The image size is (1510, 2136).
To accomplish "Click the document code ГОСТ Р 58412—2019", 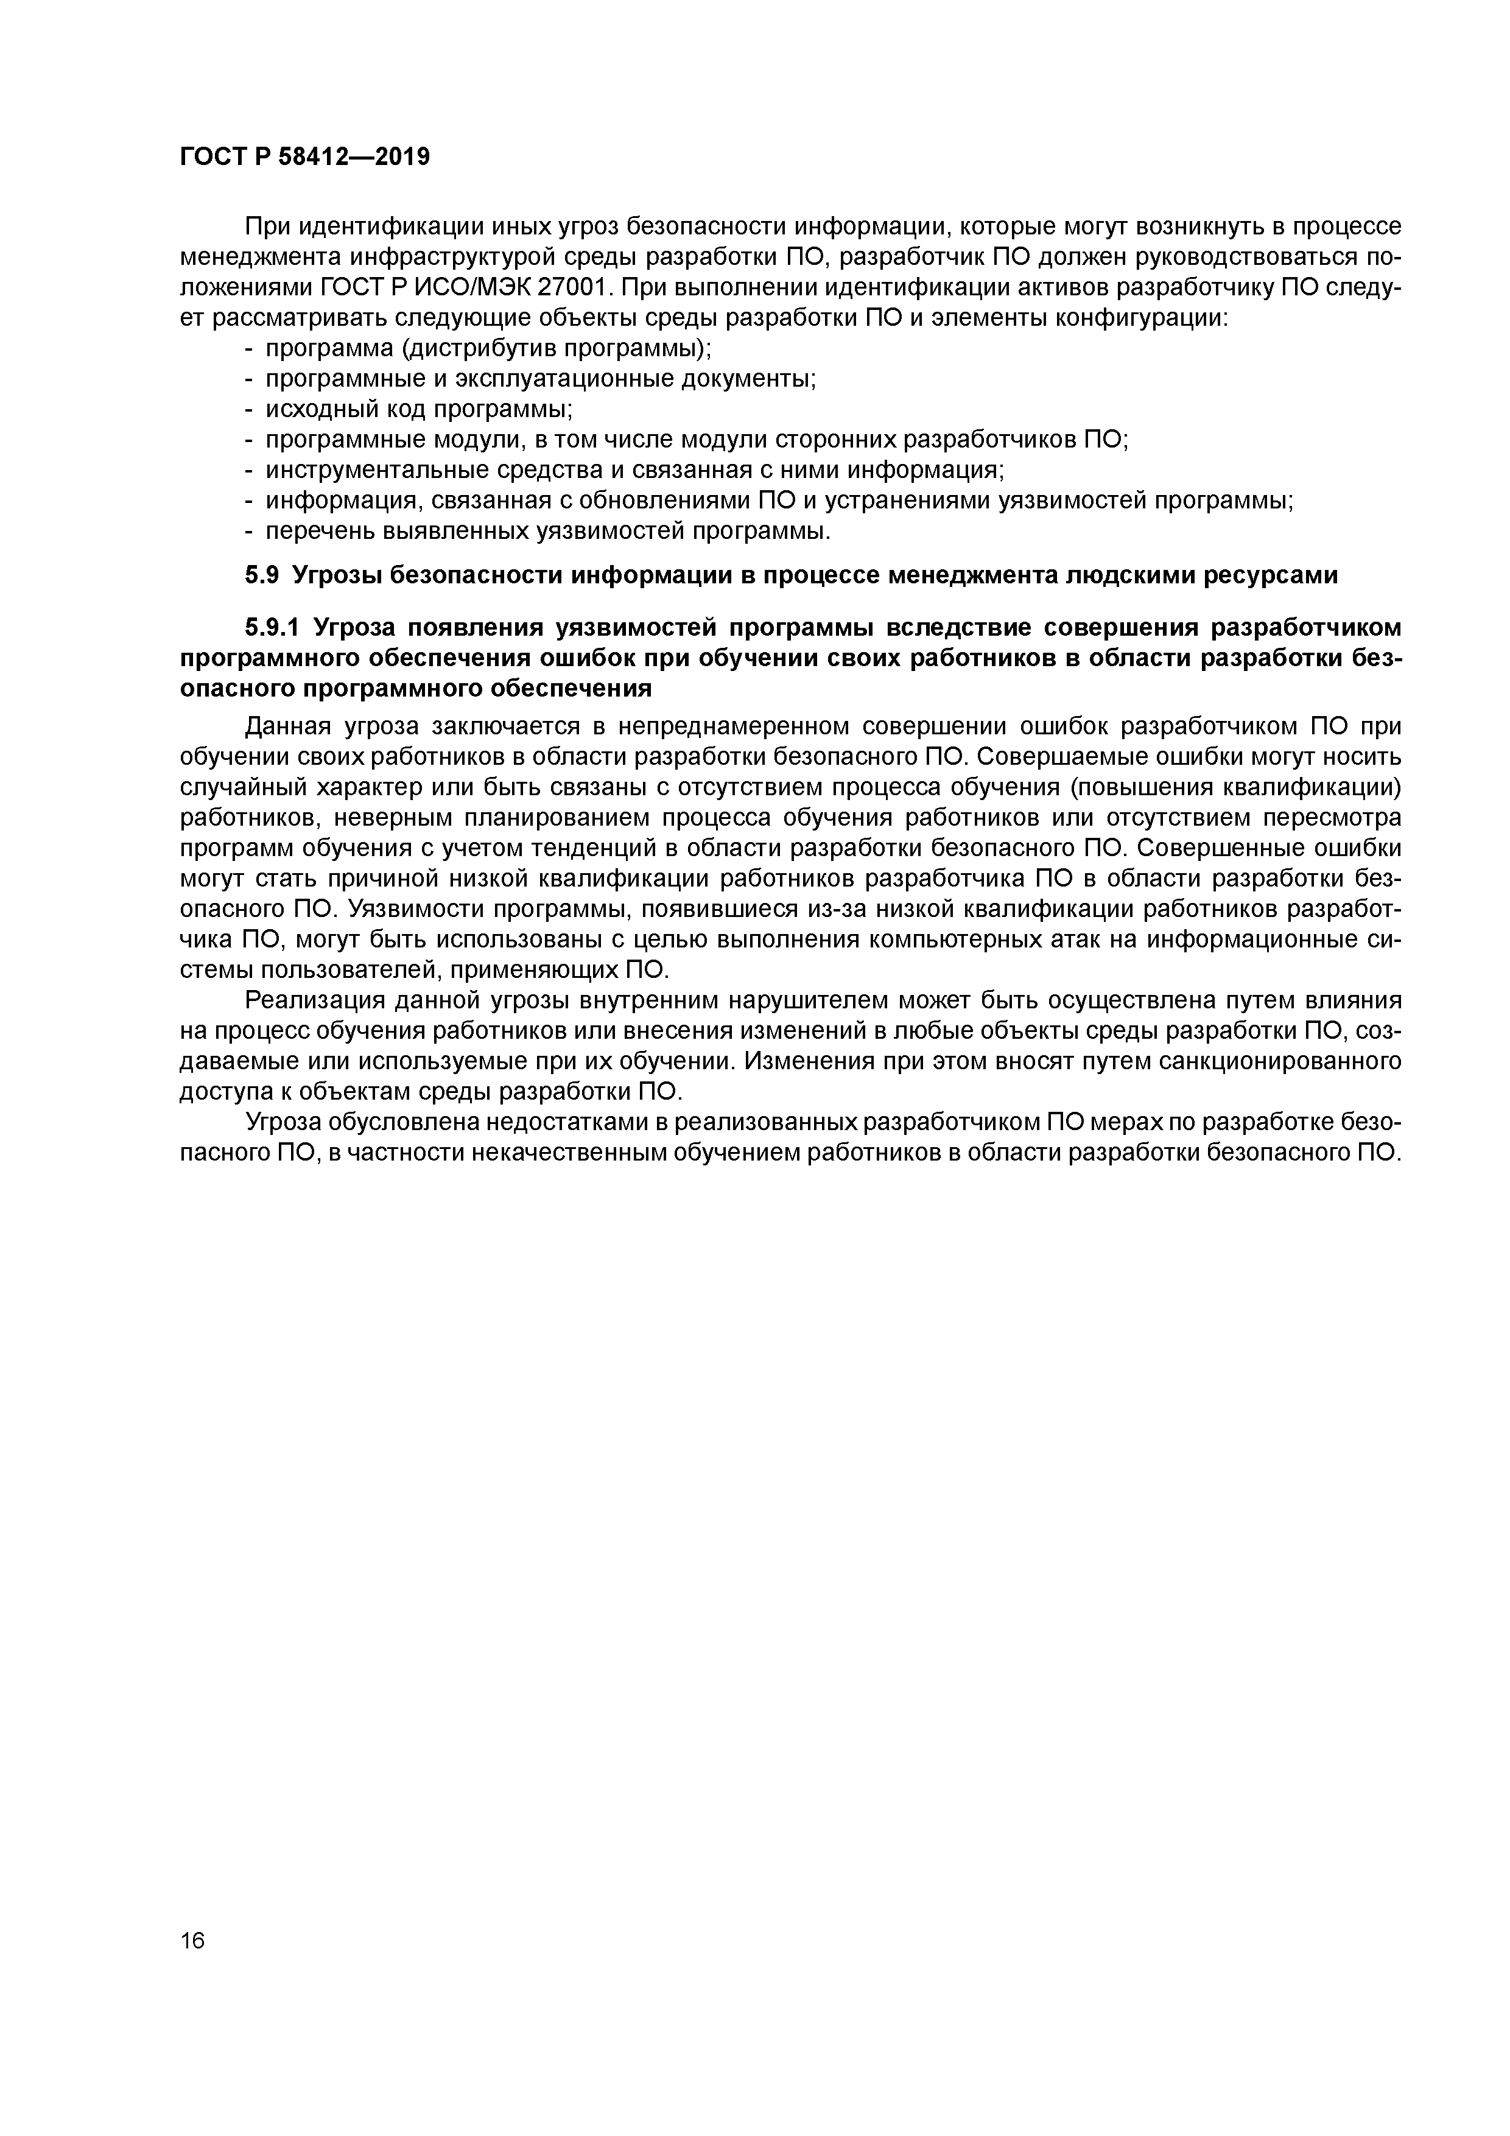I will [304, 156].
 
